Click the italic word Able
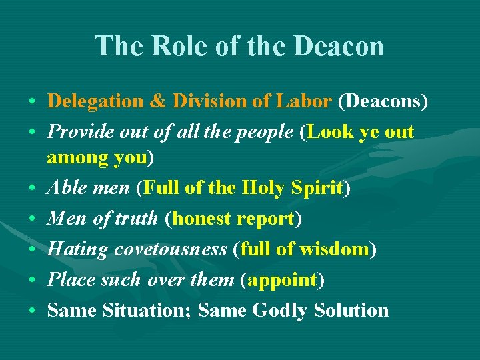coord(66,188)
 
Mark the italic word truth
coord(136,219)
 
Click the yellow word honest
coord(204,219)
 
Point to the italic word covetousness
coord(171,249)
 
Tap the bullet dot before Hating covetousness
coord(32,250)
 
